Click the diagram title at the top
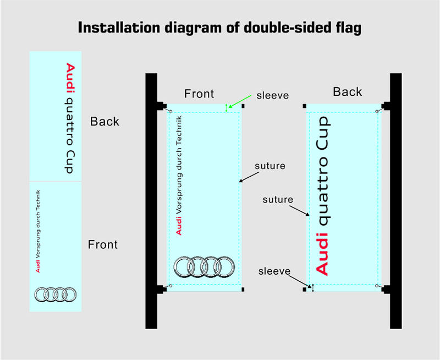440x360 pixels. pos(219,28)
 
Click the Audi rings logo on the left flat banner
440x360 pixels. pos(55,294)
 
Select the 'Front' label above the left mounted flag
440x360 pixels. pos(199,94)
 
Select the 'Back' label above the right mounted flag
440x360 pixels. pos(348,92)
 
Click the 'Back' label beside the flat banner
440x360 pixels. pos(105,122)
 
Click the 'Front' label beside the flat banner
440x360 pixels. pos(103,244)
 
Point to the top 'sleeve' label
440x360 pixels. pos(273,95)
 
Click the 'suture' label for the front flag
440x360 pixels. pos(270,165)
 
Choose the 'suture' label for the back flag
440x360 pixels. pos(278,199)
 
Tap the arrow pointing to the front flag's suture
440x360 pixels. pos(249,176)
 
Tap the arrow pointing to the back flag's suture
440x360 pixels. pos(300,211)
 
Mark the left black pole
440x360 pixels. pos(151,201)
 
